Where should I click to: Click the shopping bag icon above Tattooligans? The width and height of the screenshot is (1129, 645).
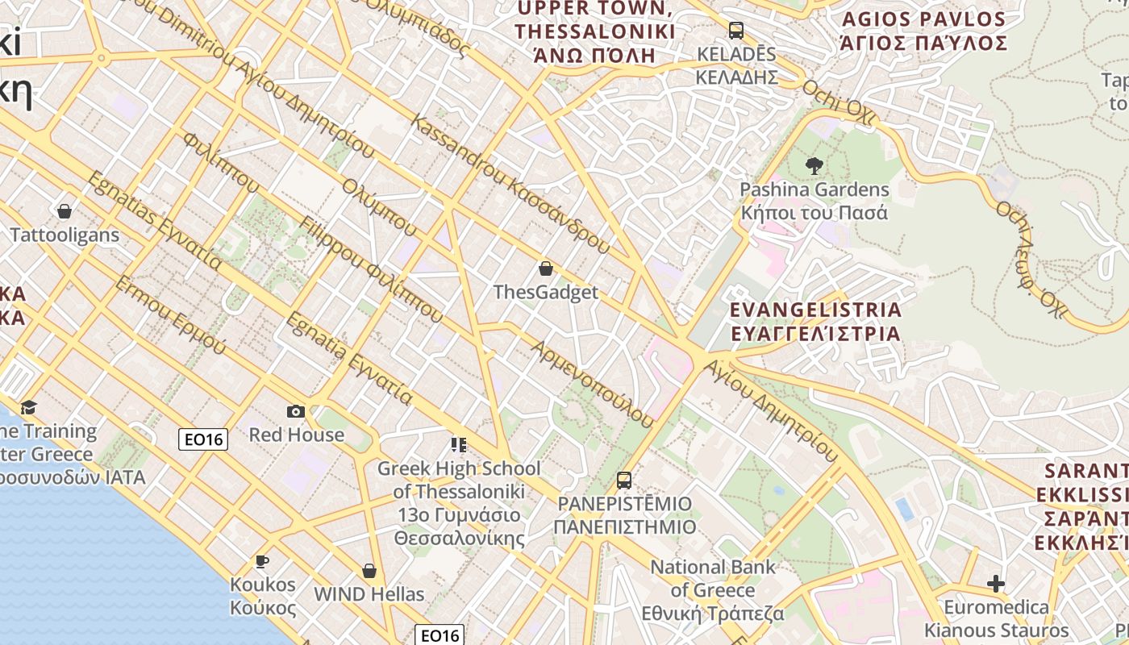point(65,212)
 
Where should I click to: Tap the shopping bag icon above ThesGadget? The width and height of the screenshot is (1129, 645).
point(546,268)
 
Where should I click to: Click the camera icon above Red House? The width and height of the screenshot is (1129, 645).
point(296,412)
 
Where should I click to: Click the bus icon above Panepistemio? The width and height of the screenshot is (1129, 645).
point(624,481)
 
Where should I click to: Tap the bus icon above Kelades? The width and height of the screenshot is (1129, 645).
point(736,31)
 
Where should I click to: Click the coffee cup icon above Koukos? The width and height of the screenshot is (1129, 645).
point(262,561)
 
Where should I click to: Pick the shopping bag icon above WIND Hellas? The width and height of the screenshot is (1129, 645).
point(369,572)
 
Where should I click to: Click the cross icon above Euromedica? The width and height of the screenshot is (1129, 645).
point(997,584)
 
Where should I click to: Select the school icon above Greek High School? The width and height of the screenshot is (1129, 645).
point(459,445)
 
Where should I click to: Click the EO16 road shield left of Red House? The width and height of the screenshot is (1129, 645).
point(202,439)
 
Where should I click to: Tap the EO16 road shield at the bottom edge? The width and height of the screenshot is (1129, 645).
point(440,635)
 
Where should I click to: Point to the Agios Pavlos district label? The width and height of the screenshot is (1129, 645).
point(923,31)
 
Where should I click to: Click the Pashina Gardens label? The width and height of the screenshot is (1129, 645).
point(814,202)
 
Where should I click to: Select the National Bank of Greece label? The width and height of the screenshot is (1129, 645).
point(713,590)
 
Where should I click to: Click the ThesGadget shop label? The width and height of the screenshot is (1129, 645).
point(546,292)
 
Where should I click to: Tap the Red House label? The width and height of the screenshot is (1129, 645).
point(296,435)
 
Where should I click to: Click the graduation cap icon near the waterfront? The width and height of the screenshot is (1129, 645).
point(29,407)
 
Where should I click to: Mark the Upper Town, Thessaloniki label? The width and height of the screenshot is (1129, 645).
point(595,32)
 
